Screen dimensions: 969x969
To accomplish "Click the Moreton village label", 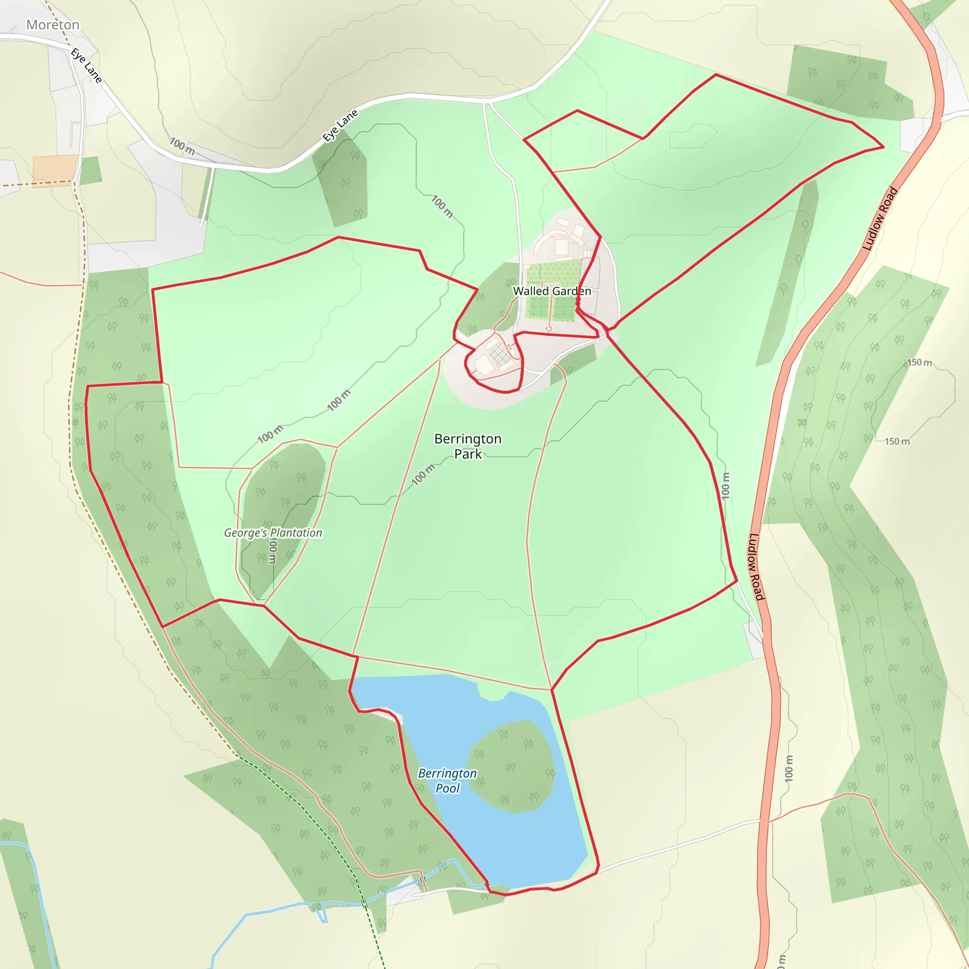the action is [53, 25].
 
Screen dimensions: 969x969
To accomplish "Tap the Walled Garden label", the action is [552, 291].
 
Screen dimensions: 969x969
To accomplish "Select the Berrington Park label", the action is [468, 446].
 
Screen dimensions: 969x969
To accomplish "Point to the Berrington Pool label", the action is [448, 780].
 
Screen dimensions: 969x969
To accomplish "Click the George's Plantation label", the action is [273, 533].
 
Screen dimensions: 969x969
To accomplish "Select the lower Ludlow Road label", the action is [757, 566].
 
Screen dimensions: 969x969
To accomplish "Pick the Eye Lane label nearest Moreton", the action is [86, 65].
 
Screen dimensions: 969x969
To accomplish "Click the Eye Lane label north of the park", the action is [340, 125].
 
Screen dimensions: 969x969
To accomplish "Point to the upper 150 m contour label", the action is [919, 362].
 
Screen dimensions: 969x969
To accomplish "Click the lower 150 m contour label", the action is [897, 441].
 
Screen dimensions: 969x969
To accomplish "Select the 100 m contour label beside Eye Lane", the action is [182, 146].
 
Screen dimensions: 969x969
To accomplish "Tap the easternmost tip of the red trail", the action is [883, 147].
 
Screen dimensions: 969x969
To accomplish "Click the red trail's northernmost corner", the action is [716, 75].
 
